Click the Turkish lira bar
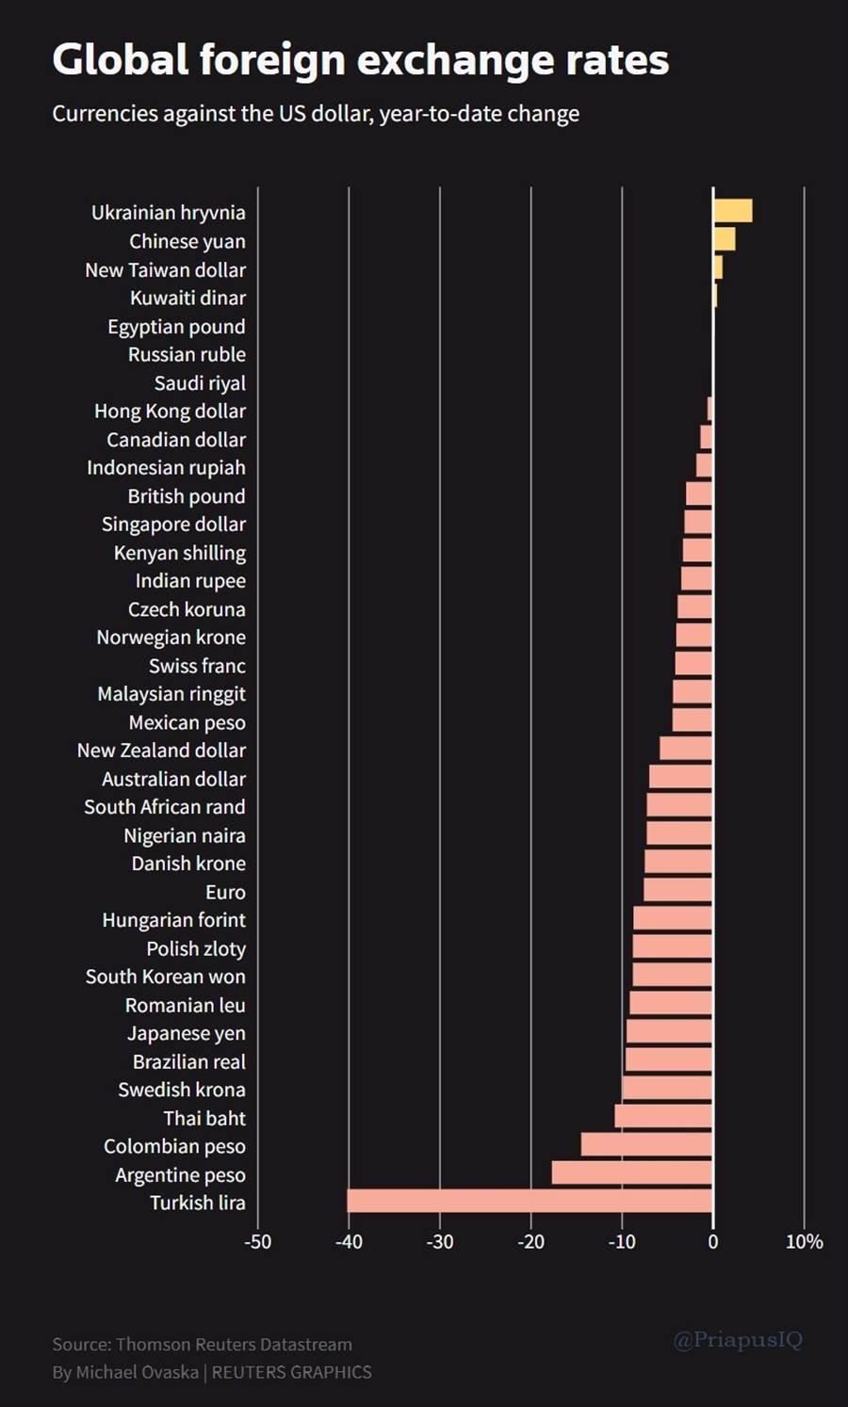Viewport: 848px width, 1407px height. [530, 1201]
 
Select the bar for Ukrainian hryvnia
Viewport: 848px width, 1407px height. [732, 211]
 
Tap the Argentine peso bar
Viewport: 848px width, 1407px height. [631, 1172]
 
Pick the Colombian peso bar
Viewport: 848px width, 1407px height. [646, 1144]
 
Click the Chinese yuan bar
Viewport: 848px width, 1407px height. [724, 239]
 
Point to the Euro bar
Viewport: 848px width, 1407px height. [677, 890]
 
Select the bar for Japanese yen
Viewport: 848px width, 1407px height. [669, 1031]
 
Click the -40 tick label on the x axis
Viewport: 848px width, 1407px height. [349, 1242]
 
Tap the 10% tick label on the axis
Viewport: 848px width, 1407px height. [804, 1242]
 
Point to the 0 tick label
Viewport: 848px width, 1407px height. [712, 1242]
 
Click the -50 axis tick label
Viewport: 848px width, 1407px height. [257, 1242]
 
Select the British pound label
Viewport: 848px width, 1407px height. [187, 496]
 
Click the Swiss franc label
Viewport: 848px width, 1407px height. [197, 666]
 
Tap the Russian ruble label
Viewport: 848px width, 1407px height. [187, 355]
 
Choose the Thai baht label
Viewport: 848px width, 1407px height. [204, 1118]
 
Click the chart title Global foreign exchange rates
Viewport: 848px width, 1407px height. [360, 60]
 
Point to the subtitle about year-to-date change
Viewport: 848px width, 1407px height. [316, 114]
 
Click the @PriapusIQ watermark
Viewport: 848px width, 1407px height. [738, 1339]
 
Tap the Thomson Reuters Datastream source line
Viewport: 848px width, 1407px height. [202, 1344]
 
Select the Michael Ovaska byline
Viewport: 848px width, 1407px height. [211, 1372]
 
